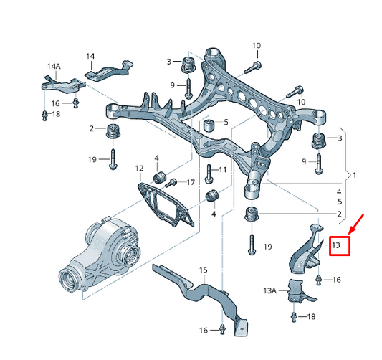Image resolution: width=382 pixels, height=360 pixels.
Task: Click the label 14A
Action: [x=53, y=66]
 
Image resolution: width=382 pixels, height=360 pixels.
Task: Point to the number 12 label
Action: [x=139, y=169]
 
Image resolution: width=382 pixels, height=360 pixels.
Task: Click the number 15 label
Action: [x=203, y=270]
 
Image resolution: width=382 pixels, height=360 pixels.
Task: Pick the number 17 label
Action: [x=190, y=182]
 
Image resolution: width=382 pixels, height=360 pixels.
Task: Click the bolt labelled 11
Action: [x=208, y=172]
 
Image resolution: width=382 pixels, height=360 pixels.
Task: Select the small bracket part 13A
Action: [x=297, y=294]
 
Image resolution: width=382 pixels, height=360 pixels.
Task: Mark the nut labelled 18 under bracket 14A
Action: [x=45, y=114]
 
